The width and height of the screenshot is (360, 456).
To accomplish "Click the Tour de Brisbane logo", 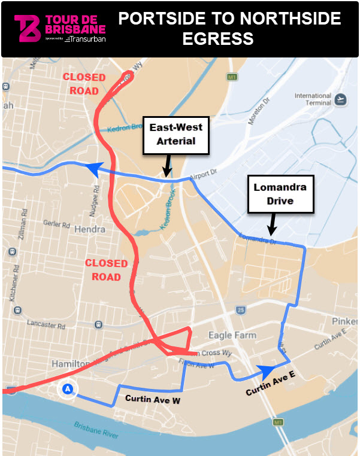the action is tap(60, 28).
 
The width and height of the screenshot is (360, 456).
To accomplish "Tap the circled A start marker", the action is tap(68, 390).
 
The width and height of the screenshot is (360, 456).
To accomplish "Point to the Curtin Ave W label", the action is tap(152, 400).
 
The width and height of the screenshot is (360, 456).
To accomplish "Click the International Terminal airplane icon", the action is tap(341, 99).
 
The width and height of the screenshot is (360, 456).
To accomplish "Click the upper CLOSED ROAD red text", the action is tap(84, 84).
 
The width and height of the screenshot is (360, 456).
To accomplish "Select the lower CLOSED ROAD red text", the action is tap(106, 270).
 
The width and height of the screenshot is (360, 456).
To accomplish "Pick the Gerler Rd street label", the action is tap(58, 224).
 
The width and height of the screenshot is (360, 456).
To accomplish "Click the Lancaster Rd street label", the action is tap(46, 324).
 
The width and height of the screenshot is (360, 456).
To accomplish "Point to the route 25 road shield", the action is tap(240, 310).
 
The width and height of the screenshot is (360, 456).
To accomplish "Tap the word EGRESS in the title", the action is tap(230, 39).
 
